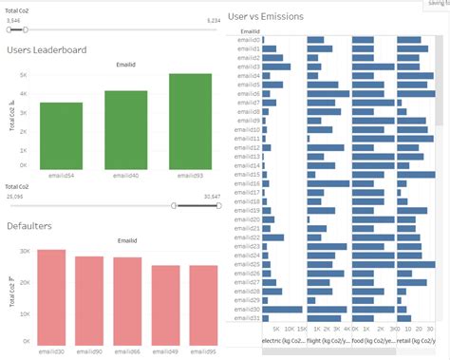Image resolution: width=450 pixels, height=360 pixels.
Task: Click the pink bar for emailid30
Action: click(51, 295)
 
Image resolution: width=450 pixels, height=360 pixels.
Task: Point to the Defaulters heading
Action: click(28, 226)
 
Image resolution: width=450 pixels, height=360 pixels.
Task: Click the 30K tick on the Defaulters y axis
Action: click(26, 252)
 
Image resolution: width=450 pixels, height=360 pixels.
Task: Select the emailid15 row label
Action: click(249, 175)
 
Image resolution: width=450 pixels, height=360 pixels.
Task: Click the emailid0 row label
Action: click(249, 40)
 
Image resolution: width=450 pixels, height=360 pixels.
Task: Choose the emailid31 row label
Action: click(249, 318)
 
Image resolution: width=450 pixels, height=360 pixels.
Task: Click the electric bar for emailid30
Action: click(282, 310)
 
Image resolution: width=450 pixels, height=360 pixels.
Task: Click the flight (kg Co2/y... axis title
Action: click(328, 339)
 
